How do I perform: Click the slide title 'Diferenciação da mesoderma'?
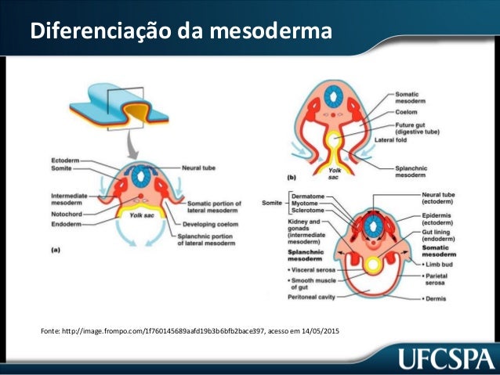180,32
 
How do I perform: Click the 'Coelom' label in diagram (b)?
408,111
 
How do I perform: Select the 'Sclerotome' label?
309,211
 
